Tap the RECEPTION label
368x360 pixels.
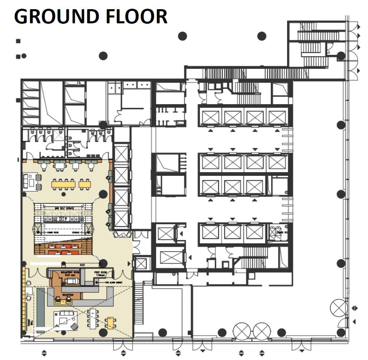click(x=68, y=295)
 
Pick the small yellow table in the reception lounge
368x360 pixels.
click(x=111, y=322)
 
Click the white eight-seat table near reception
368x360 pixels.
click(x=93, y=318)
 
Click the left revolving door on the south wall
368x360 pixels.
click(x=241, y=332)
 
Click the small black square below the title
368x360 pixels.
click(x=18, y=41)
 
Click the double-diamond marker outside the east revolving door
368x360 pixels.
click(x=355, y=308)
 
